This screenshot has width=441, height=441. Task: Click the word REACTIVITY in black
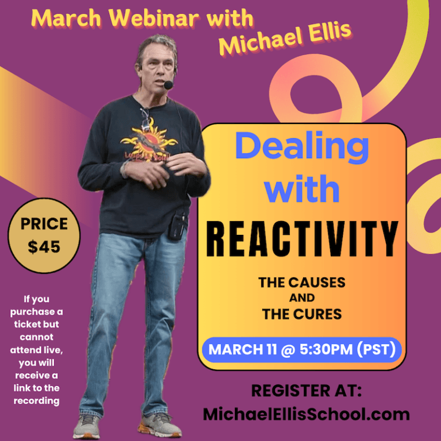[301, 237]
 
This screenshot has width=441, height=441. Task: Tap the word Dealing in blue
[301, 148]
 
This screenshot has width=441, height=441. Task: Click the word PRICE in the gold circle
[44, 224]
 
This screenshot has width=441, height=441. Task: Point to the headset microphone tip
[168, 85]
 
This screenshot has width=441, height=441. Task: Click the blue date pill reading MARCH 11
[301, 350]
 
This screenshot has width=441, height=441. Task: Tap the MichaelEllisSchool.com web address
[306, 414]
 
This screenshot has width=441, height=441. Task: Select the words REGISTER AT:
[306, 391]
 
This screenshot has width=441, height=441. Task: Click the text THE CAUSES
[301, 283]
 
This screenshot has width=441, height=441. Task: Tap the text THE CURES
[301, 314]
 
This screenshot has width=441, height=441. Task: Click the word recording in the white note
[37, 401]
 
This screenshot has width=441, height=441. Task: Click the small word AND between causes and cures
[301, 299]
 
